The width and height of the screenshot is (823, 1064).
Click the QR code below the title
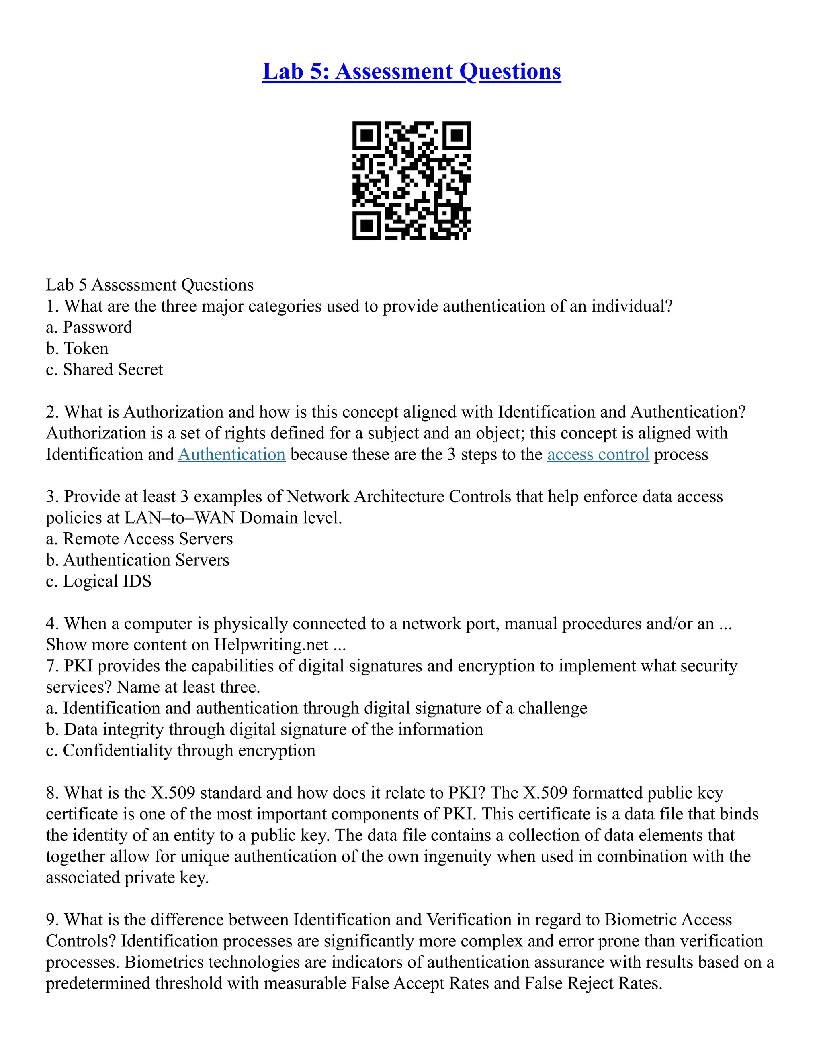click(411, 180)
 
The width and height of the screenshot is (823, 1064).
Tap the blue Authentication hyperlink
click(231, 454)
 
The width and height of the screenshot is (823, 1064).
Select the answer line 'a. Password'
click(89, 327)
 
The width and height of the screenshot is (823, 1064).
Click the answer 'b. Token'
click(77, 349)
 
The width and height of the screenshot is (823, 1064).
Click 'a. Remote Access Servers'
click(139, 538)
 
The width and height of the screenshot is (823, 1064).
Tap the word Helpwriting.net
click(271, 644)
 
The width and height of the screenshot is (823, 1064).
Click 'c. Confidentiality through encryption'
click(180, 750)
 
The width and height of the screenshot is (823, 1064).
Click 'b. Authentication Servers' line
click(137, 560)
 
